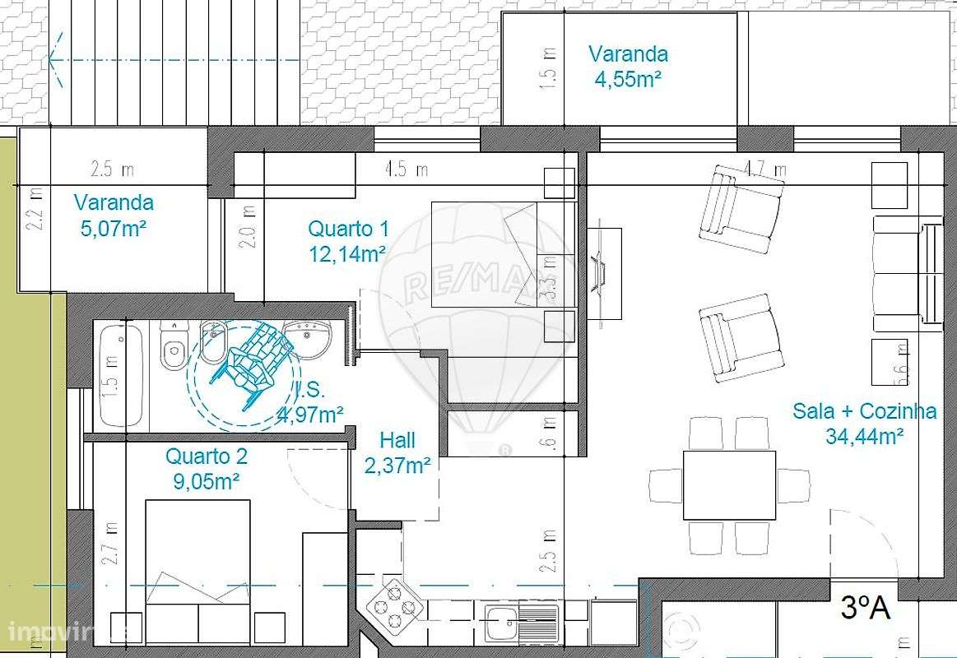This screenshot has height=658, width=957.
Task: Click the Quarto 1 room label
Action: pyautogui.click(x=348, y=240)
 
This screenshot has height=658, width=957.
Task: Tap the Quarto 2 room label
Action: pyautogui.click(x=206, y=468)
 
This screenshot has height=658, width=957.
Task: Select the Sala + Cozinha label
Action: pyautogui.click(x=864, y=422)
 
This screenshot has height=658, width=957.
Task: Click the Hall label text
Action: pyautogui.click(x=397, y=452)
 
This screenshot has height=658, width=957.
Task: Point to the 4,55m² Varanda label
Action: pyautogui.click(x=628, y=66)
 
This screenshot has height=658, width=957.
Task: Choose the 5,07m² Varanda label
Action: pyautogui.click(x=114, y=214)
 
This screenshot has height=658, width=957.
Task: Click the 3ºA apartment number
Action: pyautogui.click(x=865, y=608)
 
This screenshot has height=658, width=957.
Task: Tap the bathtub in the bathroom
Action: pyautogui.click(x=121, y=375)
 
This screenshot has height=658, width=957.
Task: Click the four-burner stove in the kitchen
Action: pyautogui.click(x=394, y=608)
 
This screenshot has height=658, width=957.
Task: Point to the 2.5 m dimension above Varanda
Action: pyautogui.click(x=112, y=170)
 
